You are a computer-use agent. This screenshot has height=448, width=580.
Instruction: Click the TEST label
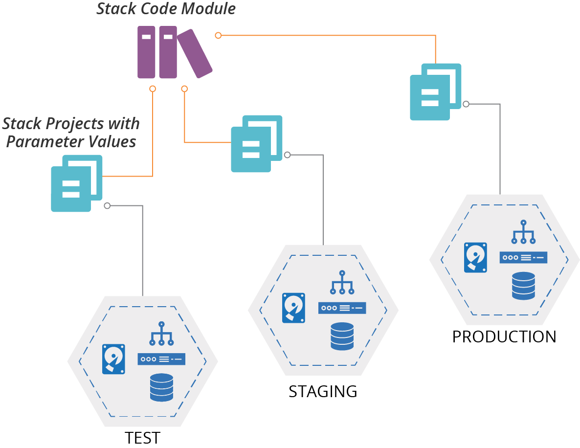point(142,437)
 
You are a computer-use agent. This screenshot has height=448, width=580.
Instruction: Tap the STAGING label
point(323,392)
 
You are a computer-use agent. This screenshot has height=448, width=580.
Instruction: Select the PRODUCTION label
point(504,337)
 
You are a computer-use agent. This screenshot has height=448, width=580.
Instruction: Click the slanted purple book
point(194,53)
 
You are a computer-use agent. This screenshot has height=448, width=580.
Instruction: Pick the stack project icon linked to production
point(435,92)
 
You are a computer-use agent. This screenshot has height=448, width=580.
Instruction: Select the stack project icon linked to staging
point(256,144)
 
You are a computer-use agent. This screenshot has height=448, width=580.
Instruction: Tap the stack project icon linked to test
point(76,183)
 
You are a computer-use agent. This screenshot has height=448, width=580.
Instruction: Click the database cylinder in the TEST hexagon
point(162,387)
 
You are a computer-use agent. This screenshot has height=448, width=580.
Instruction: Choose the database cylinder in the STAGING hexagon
point(342,336)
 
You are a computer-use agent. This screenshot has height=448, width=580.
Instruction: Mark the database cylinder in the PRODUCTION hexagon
point(523,285)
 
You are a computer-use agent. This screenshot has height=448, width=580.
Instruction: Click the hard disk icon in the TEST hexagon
point(113,359)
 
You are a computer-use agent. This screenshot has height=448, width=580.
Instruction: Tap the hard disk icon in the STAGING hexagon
point(293,308)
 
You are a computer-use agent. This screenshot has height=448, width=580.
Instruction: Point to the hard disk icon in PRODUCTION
point(475,257)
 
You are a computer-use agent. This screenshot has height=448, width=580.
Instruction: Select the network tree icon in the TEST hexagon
point(161,333)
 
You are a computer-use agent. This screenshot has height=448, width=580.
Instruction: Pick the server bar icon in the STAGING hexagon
point(342,308)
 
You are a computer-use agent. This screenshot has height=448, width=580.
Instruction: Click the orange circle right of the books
point(218,35)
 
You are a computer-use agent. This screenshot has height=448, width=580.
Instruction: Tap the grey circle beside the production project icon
point(466,104)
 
